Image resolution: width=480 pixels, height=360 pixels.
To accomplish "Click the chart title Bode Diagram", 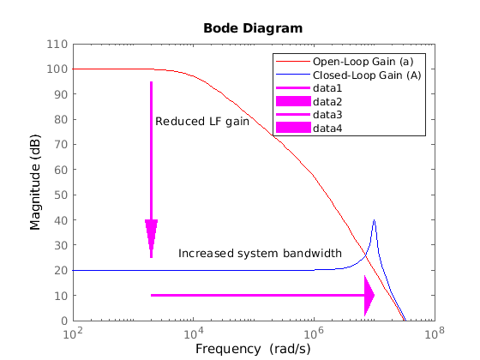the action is pos(253,28).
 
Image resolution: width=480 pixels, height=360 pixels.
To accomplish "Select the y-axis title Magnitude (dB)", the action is pos(35,182).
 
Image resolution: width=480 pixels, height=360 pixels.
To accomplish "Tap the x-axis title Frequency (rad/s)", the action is pos(253,349).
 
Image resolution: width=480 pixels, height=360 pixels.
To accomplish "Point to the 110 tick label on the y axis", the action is pos(57,44).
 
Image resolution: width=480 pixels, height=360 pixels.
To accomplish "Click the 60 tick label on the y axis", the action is pos(61,170).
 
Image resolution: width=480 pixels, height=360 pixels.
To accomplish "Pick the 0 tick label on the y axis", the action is pos(64,321).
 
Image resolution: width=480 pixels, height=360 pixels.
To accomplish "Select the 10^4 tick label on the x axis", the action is pos(194,333).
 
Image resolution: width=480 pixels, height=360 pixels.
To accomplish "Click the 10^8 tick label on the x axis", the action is pos(435,333).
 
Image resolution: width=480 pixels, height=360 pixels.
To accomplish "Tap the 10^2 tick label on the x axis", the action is pos(73,333).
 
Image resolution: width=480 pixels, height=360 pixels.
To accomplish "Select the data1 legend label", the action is pos(327,88).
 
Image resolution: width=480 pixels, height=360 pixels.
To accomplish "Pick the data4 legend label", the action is pos(327,128).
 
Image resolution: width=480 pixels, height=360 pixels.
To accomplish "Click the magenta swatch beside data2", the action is pos(293,101).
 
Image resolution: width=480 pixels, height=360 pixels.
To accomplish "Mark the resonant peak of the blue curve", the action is pos(374,220).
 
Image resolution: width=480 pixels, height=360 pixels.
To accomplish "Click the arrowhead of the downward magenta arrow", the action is pos(151,236).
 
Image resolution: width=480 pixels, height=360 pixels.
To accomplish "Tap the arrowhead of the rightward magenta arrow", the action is pos(369,296).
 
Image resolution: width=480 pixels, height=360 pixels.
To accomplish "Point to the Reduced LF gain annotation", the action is pos(202,122).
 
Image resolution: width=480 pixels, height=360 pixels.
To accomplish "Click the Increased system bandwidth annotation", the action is pos(260,254).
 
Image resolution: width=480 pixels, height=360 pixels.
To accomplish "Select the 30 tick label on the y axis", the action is pos(61,245).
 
